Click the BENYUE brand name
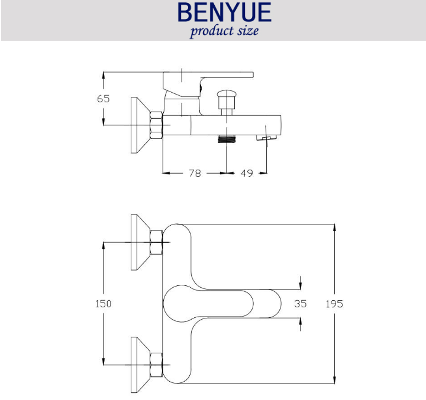click(224, 12)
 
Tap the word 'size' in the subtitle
click(248, 30)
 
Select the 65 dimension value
click(103, 99)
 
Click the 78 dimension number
click(195, 173)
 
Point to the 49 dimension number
click(247, 173)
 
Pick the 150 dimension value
click(103, 303)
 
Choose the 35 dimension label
click(300, 303)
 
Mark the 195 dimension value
click(334, 304)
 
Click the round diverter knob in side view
click(227, 94)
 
